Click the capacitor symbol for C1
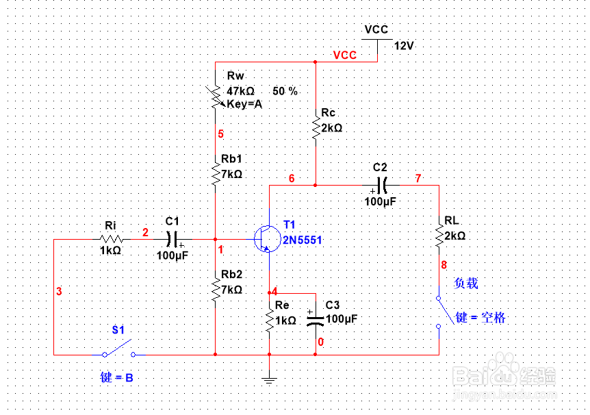(x=173, y=239)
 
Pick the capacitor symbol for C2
(x=381, y=185)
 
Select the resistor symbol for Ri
(x=111, y=239)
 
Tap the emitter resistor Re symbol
(x=270, y=320)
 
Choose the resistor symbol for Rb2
(x=216, y=290)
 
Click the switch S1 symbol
(x=118, y=352)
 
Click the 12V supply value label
(x=404, y=45)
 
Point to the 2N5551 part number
(x=303, y=240)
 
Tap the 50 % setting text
(x=285, y=91)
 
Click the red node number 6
(x=292, y=179)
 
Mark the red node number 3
(x=59, y=292)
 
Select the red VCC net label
(x=344, y=55)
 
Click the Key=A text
(x=244, y=104)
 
